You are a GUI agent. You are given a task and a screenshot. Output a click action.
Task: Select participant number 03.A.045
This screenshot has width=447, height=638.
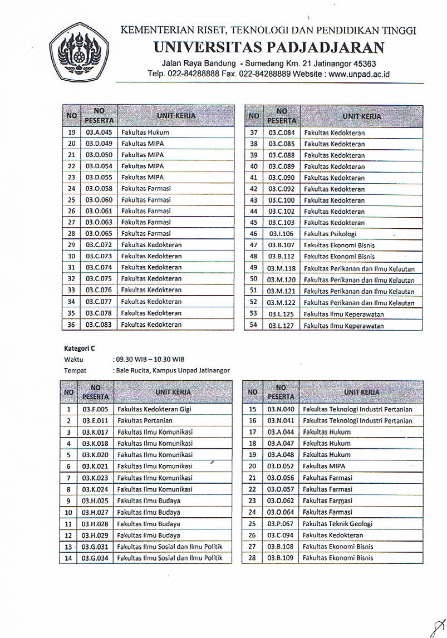coord(99,132)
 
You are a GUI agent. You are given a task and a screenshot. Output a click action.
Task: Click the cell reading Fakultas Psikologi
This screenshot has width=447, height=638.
coord(330,234)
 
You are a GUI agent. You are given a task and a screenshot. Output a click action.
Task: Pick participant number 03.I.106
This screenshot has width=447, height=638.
coord(282,234)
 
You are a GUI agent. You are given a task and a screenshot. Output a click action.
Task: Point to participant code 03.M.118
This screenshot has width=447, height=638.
coord(282,268)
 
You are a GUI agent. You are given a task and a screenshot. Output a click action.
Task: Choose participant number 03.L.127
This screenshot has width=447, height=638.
coord(282,326)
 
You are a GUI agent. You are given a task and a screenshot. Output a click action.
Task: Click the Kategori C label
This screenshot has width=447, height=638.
coord(80,349)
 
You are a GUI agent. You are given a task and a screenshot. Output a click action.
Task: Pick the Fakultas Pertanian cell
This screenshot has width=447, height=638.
coord(145,421)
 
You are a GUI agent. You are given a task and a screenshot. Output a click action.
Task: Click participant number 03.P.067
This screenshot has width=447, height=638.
coord(281,524)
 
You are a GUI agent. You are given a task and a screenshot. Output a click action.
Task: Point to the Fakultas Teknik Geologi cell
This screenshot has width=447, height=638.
coord(337,524)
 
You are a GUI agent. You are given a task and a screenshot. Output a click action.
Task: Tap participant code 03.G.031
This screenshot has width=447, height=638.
coord(96,547)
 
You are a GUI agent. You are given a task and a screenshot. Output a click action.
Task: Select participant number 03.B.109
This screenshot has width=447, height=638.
coord(281,558)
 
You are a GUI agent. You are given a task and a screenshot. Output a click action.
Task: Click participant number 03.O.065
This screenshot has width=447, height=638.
coord(99,234)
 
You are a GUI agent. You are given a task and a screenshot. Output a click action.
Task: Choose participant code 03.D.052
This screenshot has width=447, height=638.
coord(281,467)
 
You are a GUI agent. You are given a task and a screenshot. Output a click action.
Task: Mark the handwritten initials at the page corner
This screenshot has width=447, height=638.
coord(438,625)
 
